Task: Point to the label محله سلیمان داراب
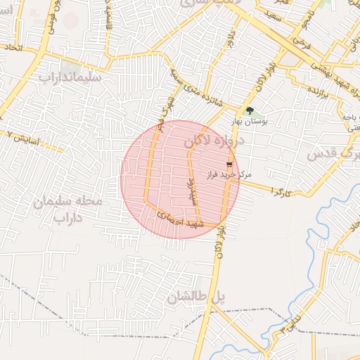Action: pyautogui.click(x=68, y=210)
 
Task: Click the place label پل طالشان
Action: pyautogui.click(x=195, y=297)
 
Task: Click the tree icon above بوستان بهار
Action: pyautogui.click(x=250, y=110)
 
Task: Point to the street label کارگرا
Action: pyautogui.click(x=279, y=191)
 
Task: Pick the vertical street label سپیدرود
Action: pyautogui.click(x=189, y=190)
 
